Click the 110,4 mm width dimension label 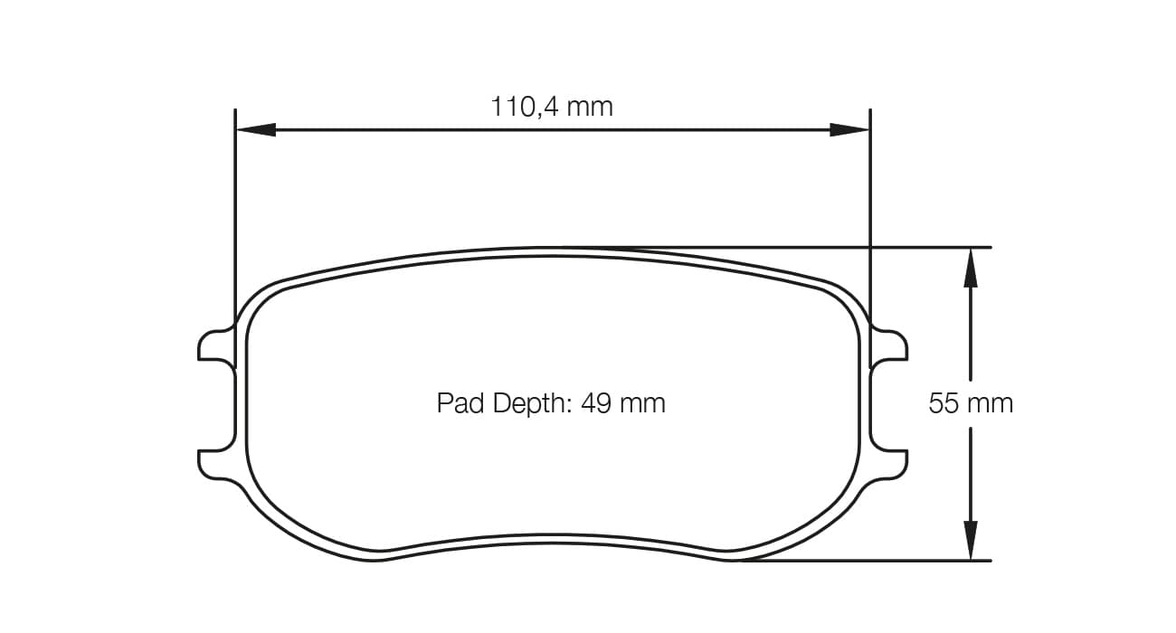551,107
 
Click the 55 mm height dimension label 970,403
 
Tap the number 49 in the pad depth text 595,403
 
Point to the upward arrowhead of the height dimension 971,267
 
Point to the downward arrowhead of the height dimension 971,540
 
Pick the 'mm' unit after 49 642,403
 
